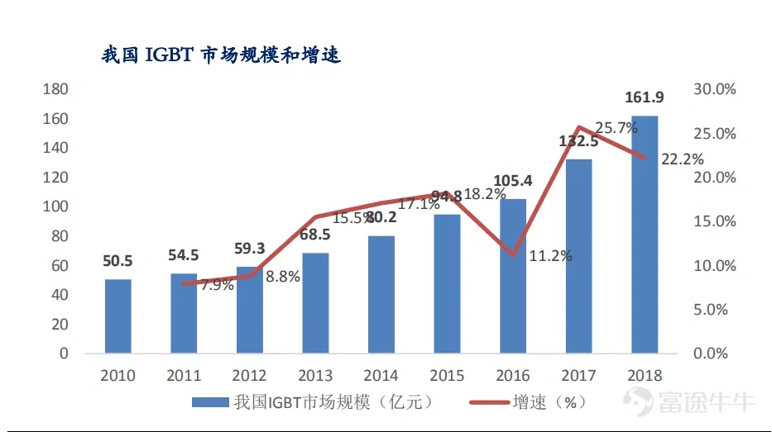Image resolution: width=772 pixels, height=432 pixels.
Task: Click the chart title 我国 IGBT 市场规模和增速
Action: [221, 55]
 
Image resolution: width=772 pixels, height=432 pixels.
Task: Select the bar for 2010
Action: [117, 316]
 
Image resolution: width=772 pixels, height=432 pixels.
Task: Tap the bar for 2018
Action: [645, 235]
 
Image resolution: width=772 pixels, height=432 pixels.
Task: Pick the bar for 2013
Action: [315, 303]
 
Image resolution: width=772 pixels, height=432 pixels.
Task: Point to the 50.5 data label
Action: [117, 261]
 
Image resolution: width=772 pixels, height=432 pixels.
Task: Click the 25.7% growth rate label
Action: [617, 128]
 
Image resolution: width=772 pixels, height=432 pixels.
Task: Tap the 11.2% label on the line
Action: [550, 255]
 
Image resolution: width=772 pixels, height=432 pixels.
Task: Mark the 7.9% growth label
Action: [217, 287]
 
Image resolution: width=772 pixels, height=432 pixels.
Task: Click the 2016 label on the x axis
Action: [512, 375]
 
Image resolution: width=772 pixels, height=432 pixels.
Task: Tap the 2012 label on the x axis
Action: [249, 375]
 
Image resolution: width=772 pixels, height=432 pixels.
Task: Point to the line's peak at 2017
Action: [578, 127]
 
